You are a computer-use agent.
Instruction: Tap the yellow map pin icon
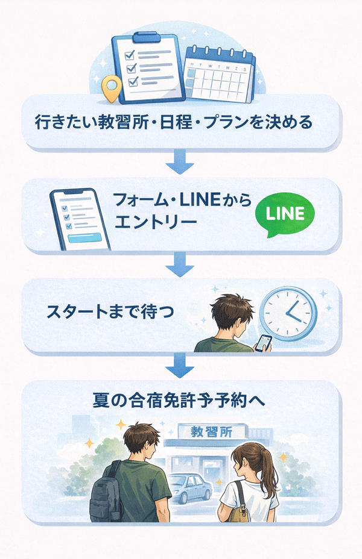click(x=110, y=89)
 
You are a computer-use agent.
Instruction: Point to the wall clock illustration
click(x=288, y=313)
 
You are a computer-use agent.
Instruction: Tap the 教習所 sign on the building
click(x=209, y=431)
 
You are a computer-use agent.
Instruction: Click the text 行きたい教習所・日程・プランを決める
click(x=174, y=123)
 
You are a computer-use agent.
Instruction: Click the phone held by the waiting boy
click(x=263, y=342)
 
